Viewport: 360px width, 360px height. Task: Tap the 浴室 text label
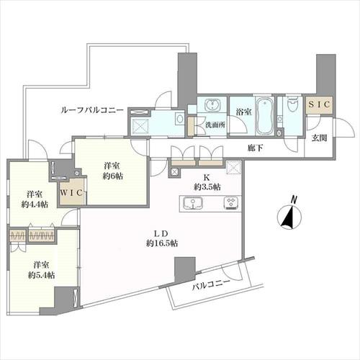pyautogui.click(x=243, y=112)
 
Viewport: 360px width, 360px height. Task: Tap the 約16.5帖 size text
pyautogui.click(x=163, y=243)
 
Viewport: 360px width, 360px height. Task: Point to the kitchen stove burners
pyautogui.click(x=231, y=204)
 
